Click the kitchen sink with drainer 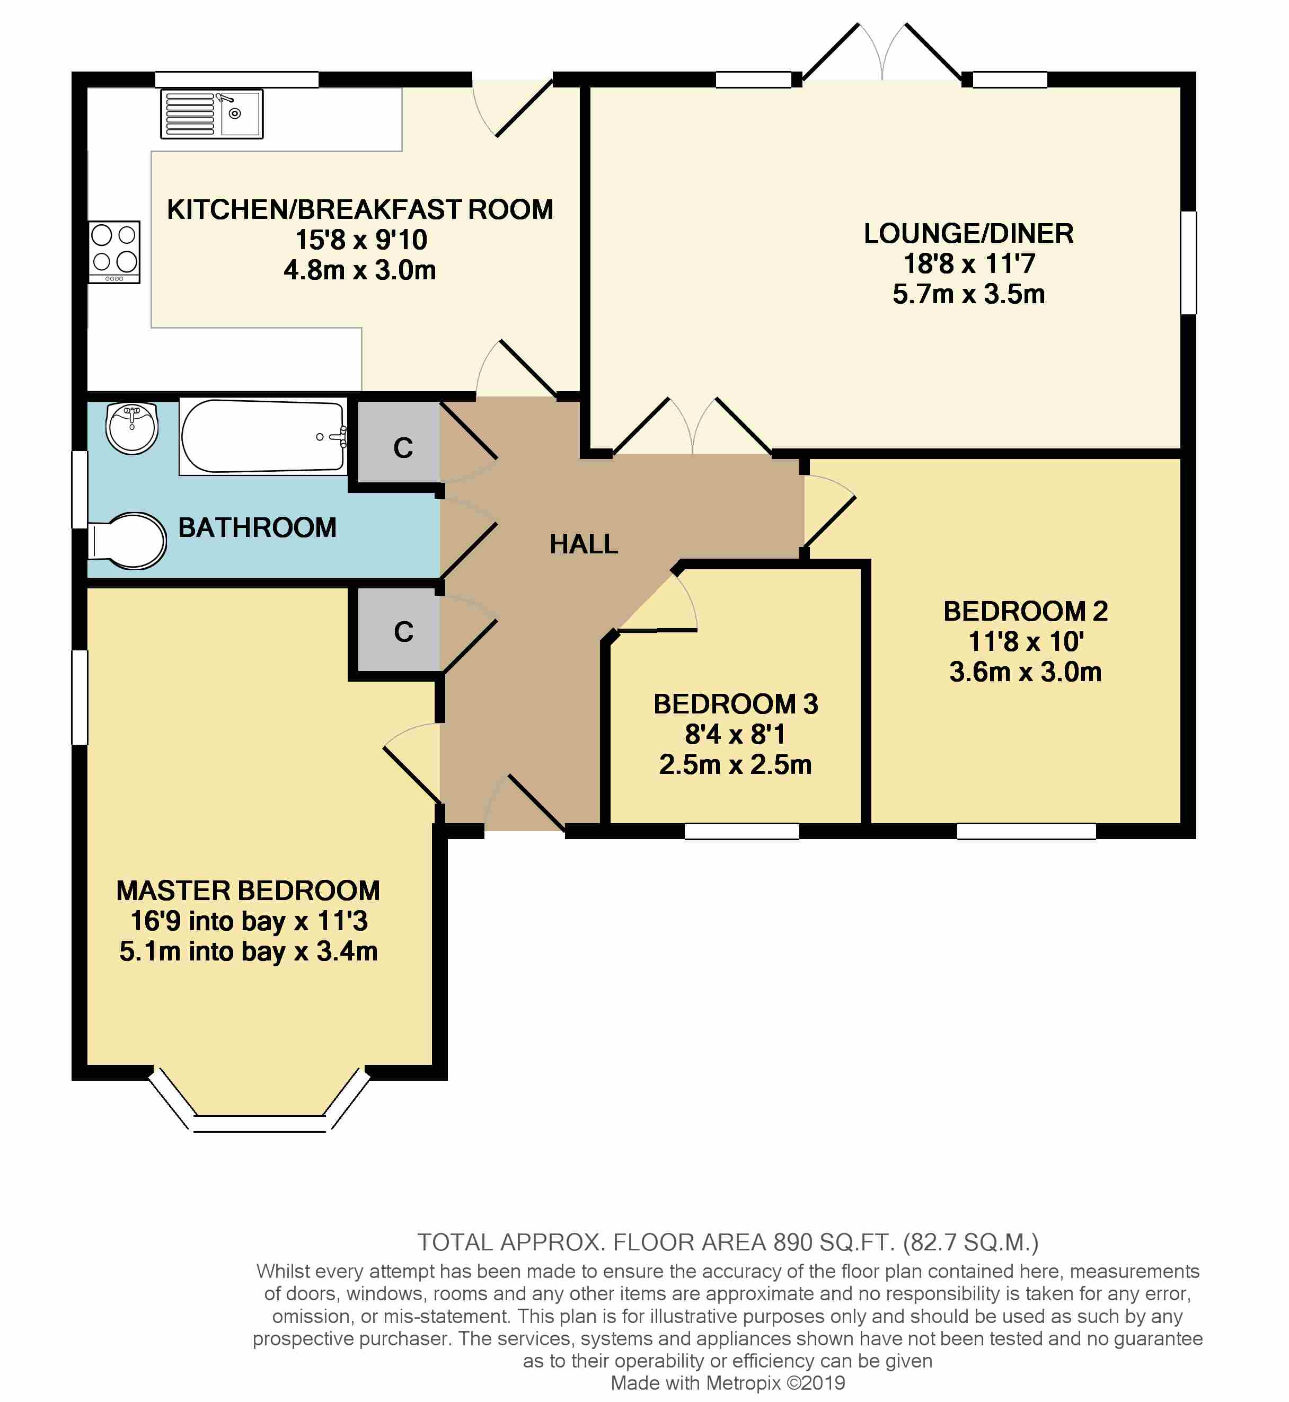coord(211,113)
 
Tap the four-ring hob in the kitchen coord(114,252)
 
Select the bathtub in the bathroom coord(263,437)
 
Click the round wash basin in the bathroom coord(132,428)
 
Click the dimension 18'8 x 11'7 coord(968,263)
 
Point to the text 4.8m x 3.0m coord(359,270)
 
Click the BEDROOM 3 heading coord(735,704)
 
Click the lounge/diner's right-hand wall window coord(1188,262)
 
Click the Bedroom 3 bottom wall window coord(741,831)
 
